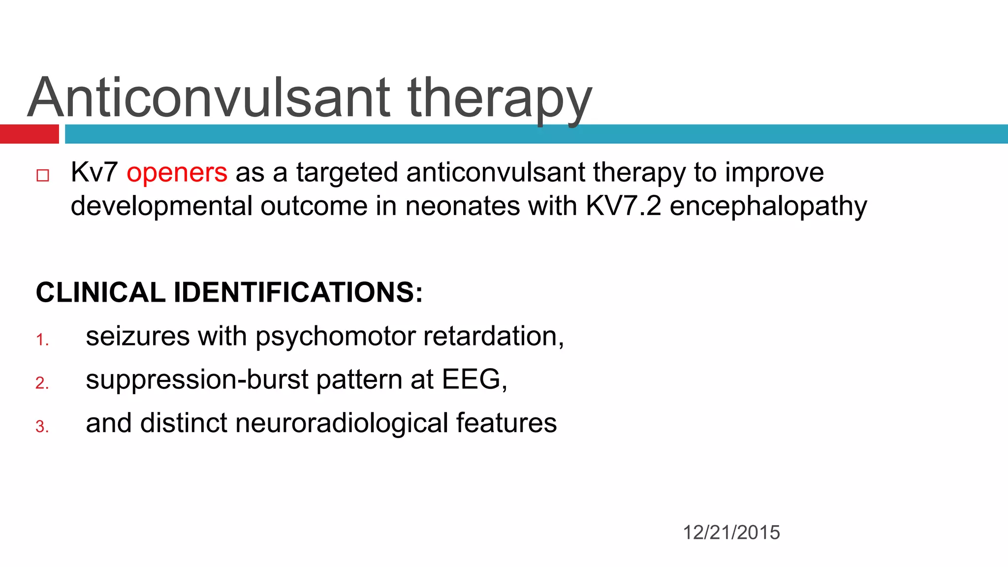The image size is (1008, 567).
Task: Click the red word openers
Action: (177, 173)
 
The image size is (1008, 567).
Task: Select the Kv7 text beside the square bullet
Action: (94, 173)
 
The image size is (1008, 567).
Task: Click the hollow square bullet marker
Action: (43, 175)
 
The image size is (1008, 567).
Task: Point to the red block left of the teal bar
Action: (29, 134)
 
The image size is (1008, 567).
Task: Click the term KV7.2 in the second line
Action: (623, 206)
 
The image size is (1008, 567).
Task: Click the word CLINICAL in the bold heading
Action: (100, 292)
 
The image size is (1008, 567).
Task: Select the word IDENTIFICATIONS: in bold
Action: (298, 292)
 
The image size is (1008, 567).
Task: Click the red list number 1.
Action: (42, 340)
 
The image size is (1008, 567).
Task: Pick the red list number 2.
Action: (42, 383)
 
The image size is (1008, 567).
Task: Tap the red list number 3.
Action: (42, 426)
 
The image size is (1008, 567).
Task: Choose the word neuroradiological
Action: (341, 423)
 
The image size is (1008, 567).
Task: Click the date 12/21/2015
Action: (731, 533)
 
